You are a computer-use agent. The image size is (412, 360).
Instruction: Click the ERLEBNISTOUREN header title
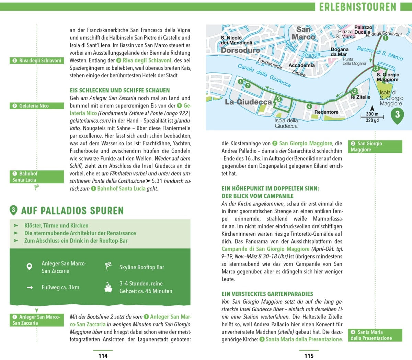(x=357, y=7)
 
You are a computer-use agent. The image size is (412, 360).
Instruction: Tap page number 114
(x=103, y=356)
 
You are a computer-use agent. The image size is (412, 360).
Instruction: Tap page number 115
(x=309, y=356)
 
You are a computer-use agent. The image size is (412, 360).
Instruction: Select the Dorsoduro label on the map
(x=240, y=50)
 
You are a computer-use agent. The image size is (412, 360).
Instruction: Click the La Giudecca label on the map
(x=248, y=102)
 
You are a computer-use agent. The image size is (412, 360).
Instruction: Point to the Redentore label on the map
(x=326, y=112)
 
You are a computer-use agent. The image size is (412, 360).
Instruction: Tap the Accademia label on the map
(x=301, y=65)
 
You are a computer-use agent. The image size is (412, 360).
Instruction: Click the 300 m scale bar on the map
(x=372, y=117)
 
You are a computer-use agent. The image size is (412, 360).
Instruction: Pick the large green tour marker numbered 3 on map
(x=397, y=115)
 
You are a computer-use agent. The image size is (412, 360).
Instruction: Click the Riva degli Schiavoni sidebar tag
(x=37, y=61)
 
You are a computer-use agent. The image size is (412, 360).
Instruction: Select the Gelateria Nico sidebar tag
(x=37, y=106)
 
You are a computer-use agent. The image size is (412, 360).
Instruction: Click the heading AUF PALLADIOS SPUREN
(x=72, y=211)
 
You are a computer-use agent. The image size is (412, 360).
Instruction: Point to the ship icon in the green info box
(x=108, y=287)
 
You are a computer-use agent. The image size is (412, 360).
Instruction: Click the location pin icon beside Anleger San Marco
(x=30, y=267)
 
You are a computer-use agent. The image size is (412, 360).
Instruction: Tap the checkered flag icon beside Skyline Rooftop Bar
(x=108, y=266)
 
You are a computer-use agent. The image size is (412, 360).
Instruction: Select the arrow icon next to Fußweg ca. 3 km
(x=30, y=288)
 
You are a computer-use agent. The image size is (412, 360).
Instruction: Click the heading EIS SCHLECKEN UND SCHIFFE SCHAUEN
(x=120, y=90)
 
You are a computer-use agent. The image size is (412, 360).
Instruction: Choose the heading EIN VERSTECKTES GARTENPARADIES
(x=267, y=294)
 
